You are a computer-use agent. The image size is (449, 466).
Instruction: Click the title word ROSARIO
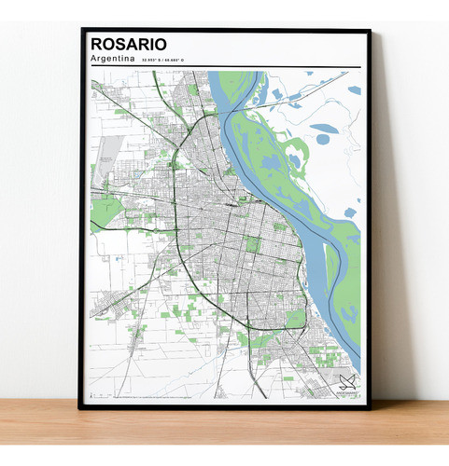coord(130,44)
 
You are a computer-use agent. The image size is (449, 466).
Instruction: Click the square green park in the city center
coord(252,244)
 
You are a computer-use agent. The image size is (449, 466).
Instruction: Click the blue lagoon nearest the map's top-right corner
coord(355,90)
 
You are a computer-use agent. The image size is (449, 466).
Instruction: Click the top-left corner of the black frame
coord(82,31)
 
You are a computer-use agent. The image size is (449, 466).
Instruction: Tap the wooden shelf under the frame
coord(224,433)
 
